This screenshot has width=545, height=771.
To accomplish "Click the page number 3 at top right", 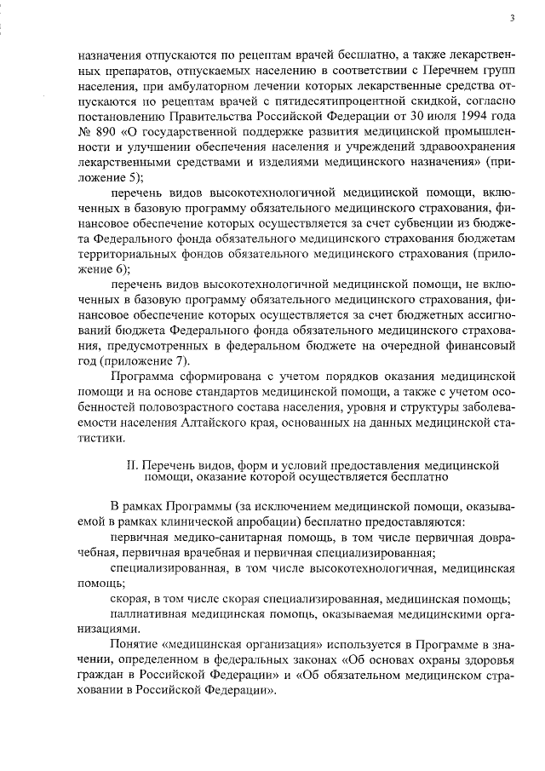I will [511, 17].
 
